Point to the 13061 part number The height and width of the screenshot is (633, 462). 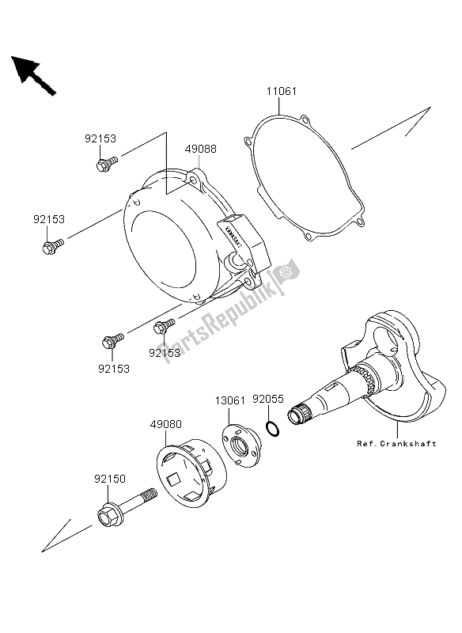(x=229, y=400)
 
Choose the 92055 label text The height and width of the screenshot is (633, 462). (x=268, y=400)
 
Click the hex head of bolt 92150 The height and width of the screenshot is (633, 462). (x=108, y=520)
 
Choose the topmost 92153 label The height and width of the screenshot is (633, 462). (x=100, y=138)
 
